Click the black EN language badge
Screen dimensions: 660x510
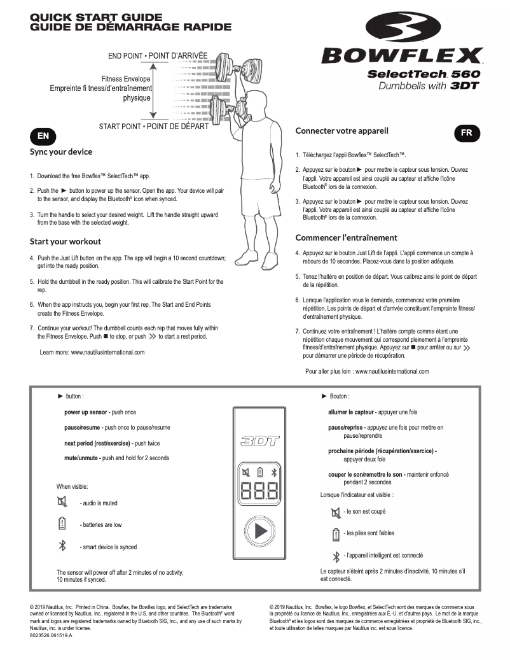[x=43, y=136]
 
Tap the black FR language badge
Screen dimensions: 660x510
[x=467, y=132]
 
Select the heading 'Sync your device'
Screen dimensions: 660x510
[x=61, y=152]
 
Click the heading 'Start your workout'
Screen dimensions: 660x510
[x=65, y=242]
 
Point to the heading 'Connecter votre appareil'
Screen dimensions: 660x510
[x=341, y=131]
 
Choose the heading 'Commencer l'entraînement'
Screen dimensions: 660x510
[x=346, y=237]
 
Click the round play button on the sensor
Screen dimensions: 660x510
[x=259, y=531]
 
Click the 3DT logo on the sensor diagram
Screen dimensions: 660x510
[x=259, y=442]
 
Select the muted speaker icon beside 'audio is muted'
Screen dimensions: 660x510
[x=62, y=502]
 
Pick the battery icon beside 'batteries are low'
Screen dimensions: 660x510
[x=62, y=524]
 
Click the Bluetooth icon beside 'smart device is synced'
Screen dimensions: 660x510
[x=62, y=545]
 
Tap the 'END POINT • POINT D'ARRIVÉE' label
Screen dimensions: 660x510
[x=158, y=56]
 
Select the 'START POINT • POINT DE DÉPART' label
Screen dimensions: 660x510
[x=153, y=127]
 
